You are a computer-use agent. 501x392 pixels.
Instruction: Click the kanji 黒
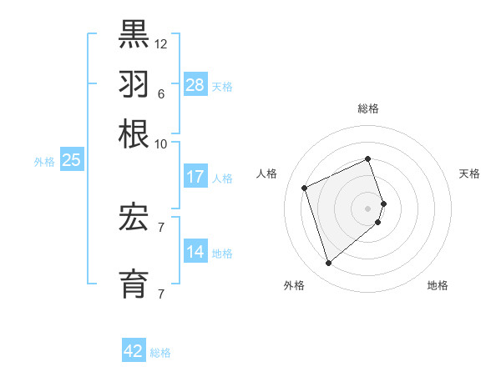click(134, 34)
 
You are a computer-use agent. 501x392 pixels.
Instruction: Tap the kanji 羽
click(134, 84)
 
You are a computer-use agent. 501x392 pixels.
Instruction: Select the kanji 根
click(134, 133)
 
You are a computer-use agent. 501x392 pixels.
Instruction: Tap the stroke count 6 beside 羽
click(160, 93)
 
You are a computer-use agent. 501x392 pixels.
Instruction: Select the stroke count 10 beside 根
click(161, 143)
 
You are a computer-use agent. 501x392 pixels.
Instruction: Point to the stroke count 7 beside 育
click(160, 294)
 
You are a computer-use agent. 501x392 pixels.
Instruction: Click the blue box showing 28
click(195, 84)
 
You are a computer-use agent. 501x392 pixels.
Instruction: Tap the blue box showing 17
click(195, 177)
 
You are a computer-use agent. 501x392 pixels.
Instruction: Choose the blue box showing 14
click(195, 252)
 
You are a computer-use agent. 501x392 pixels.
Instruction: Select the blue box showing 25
click(71, 160)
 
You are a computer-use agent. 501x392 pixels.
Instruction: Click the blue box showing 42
click(134, 351)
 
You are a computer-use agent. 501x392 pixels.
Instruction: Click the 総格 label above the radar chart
click(368, 108)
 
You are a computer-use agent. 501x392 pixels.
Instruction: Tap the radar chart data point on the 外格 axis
click(328, 264)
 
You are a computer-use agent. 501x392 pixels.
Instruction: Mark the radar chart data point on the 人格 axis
click(305, 188)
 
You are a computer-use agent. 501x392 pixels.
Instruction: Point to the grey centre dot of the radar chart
click(368, 207)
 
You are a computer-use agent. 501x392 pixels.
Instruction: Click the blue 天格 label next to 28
click(222, 87)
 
